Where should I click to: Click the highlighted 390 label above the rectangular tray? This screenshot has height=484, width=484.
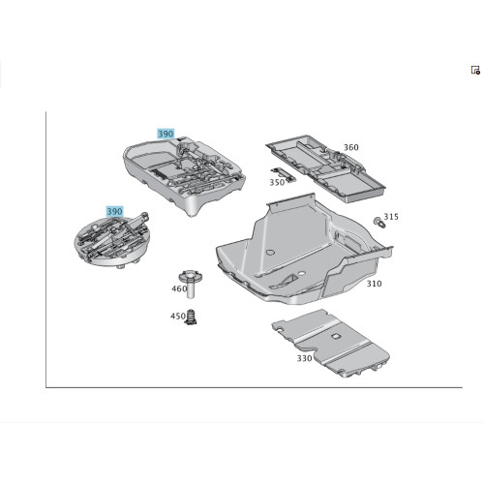tap(166, 134)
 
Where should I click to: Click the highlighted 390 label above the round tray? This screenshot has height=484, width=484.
tap(115, 211)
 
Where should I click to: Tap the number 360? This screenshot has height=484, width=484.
tap(351, 147)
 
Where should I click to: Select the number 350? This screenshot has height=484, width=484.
tap(277, 182)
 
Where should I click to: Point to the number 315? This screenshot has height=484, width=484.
tap(391, 217)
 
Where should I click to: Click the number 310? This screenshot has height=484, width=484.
tap(374, 284)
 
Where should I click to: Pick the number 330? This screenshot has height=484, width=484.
tap(304, 358)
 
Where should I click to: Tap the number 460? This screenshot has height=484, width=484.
tap(179, 288)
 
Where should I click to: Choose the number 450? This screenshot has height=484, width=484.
tap(178, 316)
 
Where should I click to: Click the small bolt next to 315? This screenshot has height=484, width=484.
tap(378, 223)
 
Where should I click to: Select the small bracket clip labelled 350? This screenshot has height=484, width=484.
tap(283, 173)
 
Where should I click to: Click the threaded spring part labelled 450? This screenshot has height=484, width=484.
tap(192, 317)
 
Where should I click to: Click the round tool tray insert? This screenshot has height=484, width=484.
tap(112, 240)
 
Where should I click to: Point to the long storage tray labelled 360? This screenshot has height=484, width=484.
tap(326, 167)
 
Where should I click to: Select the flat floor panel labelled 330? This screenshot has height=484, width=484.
tap(331, 344)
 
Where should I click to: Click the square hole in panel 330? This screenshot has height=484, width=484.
tap(336, 336)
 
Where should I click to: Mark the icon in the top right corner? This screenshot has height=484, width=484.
tap(475, 70)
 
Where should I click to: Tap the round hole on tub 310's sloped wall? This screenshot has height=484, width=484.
tap(269, 252)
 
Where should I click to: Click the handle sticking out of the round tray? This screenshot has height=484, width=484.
tap(137, 219)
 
